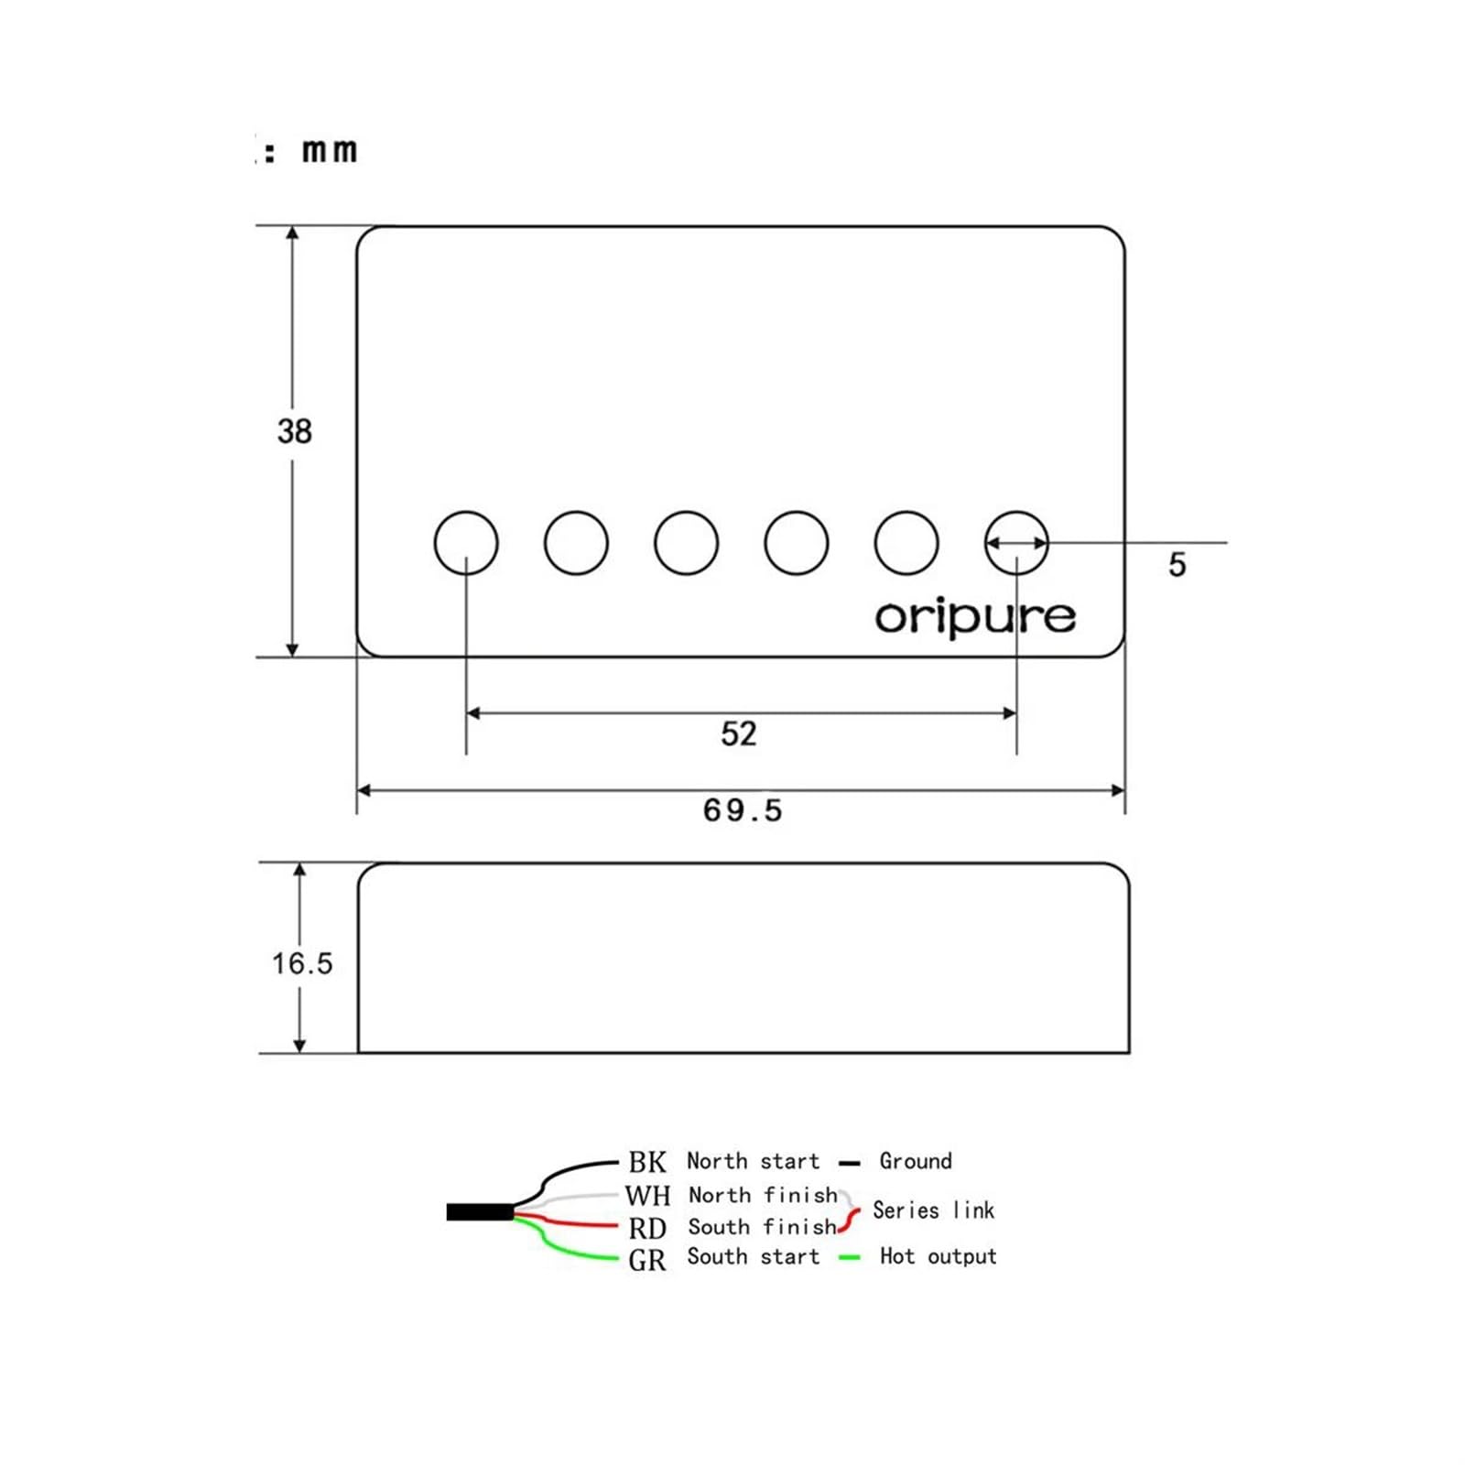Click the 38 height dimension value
tap(294, 431)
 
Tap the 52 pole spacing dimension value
tap(739, 733)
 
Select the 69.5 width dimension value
tap(743, 810)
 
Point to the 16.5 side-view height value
tap(302, 963)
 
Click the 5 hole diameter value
tap(1177, 564)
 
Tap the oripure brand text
tap(975, 617)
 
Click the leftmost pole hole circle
tap(466, 543)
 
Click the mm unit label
tap(330, 151)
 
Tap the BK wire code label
tap(647, 1162)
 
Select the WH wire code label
tap(648, 1195)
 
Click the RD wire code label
tap(647, 1228)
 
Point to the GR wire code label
tap(647, 1261)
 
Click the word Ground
tap(916, 1161)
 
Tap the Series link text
tap(933, 1210)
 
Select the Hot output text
tap(939, 1256)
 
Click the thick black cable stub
tap(480, 1212)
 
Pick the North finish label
tap(763, 1195)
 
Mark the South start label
tap(754, 1256)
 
